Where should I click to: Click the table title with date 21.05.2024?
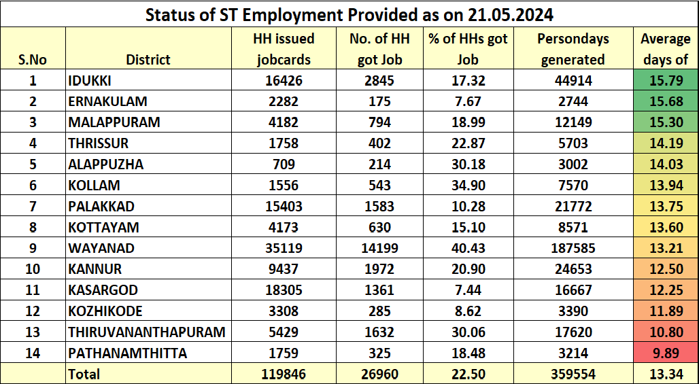pyautogui.click(x=349, y=14)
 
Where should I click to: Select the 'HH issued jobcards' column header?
pyautogui.click(x=284, y=49)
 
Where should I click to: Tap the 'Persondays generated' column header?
pyautogui.click(x=573, y=49)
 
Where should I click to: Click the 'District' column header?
pyautogui.click(x=148, y=60)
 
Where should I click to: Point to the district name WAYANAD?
pyautogui.click(x=101, y=248)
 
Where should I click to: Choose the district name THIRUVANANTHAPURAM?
pyautogui.click(x=146, y=332)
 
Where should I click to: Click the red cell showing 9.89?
pyautogui.click(x=665, y=353)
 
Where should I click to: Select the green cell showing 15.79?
pyautogui.click(x=665, y=81)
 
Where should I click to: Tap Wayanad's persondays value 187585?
pyautogui.click(x=573, y=248)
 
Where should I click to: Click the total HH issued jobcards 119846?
pyautogui.click(x=284, y=374)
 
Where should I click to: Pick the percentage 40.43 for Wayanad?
pyautogui.click(x=468, y=248)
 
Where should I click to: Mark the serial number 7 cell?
pyautogui.click(x=33, y=207)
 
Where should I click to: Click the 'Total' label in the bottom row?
pyautogui.click(x=84, y=374)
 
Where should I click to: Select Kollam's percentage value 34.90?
pyautogui.click(x=468, y=186)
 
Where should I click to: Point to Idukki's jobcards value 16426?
pyautogui.click(x=284, y=81)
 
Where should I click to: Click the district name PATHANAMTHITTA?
pyautogui.click(x=127, y=353)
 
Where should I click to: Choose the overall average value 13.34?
pyautogui.click(x=665, y=374)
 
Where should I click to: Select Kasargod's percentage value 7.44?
pyautogui.click(x=468, y=290)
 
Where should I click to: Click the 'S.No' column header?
pyautogui.click(x=33, y=60)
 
